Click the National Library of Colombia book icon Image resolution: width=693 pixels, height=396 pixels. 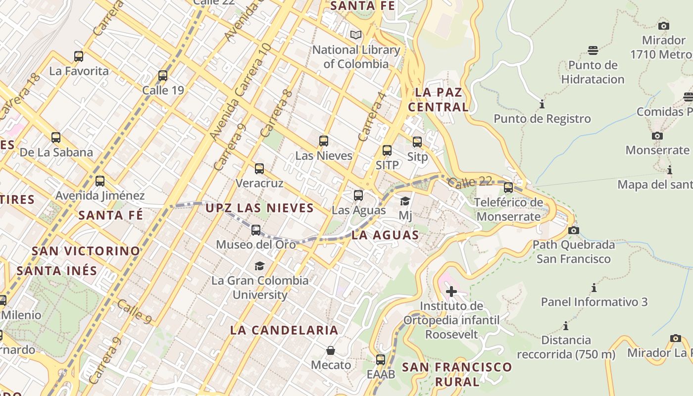click(x=356, y=35)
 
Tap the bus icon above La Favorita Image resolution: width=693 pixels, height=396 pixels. click(x=79, y=56)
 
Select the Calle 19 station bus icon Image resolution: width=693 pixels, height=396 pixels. click(x=163, y=76)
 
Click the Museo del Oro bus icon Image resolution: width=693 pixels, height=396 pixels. click(x=256, y=230)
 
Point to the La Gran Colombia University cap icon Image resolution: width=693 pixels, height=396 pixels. click(x=259, y=266)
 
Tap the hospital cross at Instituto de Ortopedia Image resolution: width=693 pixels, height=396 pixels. click(x=451, y=291)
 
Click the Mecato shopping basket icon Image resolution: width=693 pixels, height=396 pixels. click(x=331, y=350)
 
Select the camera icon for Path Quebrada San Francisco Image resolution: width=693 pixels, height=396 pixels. click(x=574, y=230)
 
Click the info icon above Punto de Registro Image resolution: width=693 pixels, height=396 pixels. click(x=542, y=104)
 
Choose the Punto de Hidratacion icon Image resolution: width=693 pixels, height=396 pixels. click(x=593, y=50)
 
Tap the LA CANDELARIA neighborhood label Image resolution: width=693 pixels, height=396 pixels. click(x=284, y=330)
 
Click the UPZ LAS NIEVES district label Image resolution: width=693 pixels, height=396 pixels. click(x=259, y=208)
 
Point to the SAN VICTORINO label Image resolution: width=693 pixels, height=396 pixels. click(x=86, y=251)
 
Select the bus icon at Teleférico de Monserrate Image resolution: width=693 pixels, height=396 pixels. click(x=508, y=188)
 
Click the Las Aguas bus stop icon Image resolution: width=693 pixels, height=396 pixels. click(x=358, y=196)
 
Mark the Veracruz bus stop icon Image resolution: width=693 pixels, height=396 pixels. click(x=259, y=169)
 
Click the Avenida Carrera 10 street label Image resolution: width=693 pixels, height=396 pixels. click(x=241, y=92)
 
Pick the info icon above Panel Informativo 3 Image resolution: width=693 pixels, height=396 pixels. click(x=594, y=288)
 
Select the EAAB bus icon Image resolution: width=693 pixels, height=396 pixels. click(x=381, y=360)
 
